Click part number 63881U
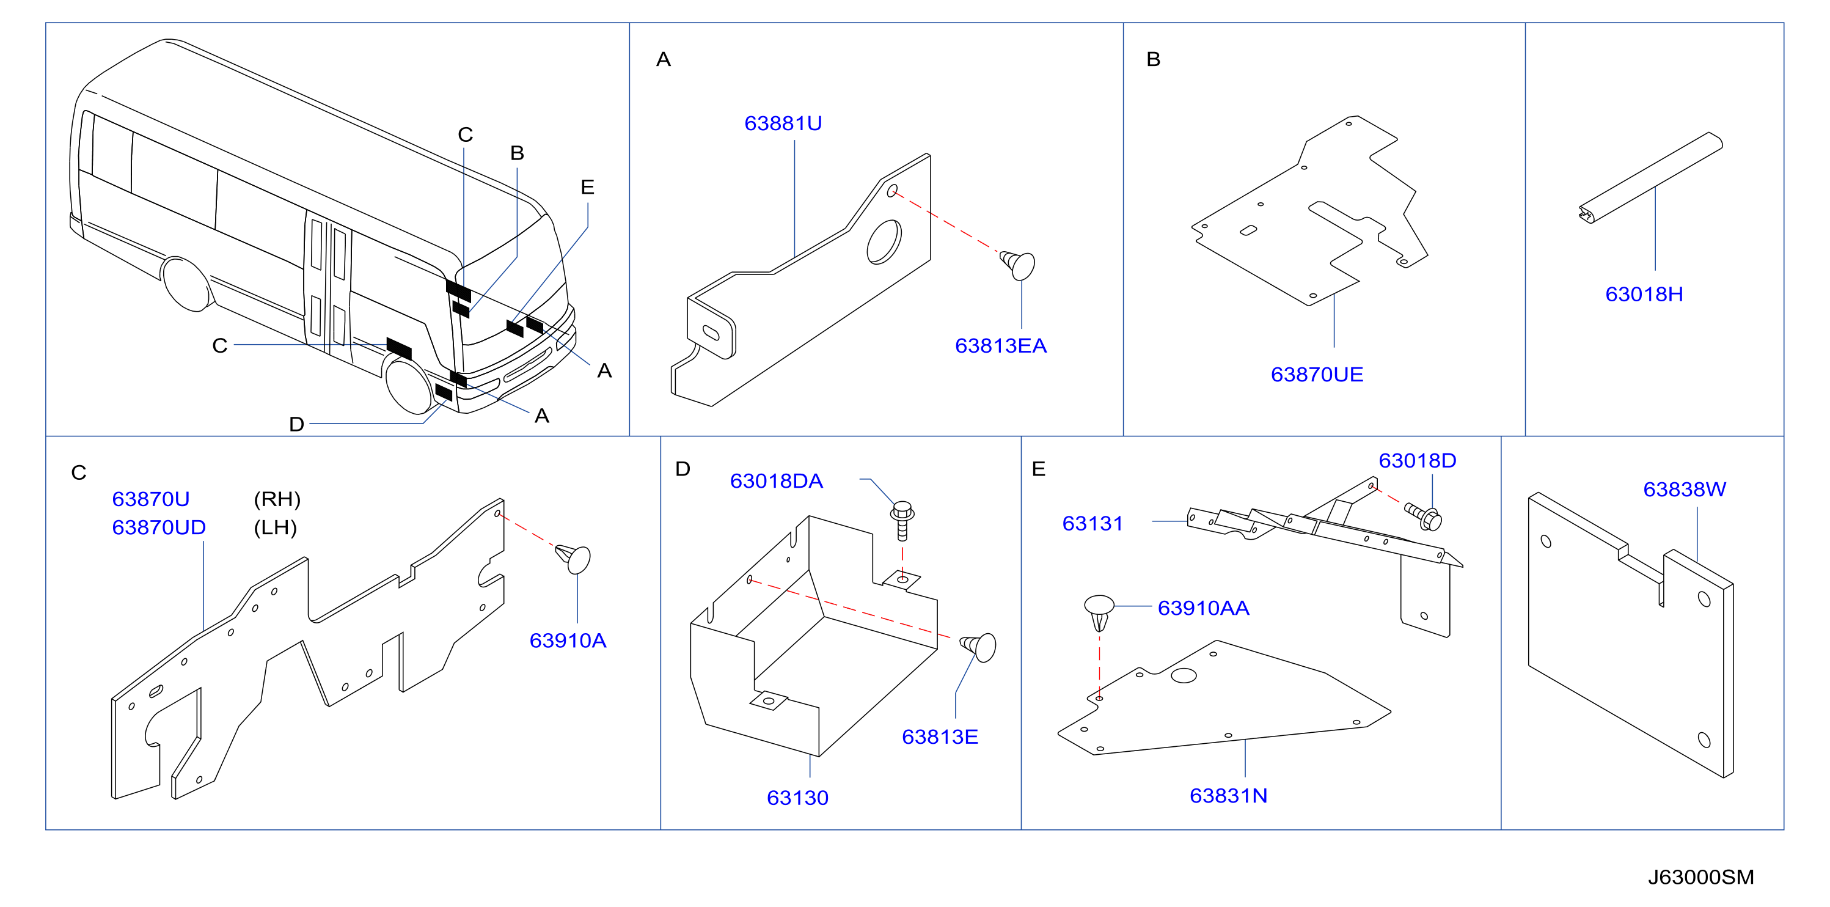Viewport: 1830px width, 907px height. (x=783, y=123)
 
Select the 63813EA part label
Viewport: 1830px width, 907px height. (x=1000, y=346)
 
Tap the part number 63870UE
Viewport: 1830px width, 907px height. (x=1316, y=375)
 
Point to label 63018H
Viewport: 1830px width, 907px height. (x=1644, y=294)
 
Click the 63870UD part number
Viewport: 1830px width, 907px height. (x=158, y=527)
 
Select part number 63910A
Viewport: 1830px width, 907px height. (x=568, y=641)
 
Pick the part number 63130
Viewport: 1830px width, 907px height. (x=797, y=798)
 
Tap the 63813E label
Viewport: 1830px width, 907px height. (x=939, y=737)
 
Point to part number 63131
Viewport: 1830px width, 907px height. (x=1092, y=524)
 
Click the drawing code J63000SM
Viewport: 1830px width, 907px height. (x=1700, y=877)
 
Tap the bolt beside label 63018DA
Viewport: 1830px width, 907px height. (x=902, y=520)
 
